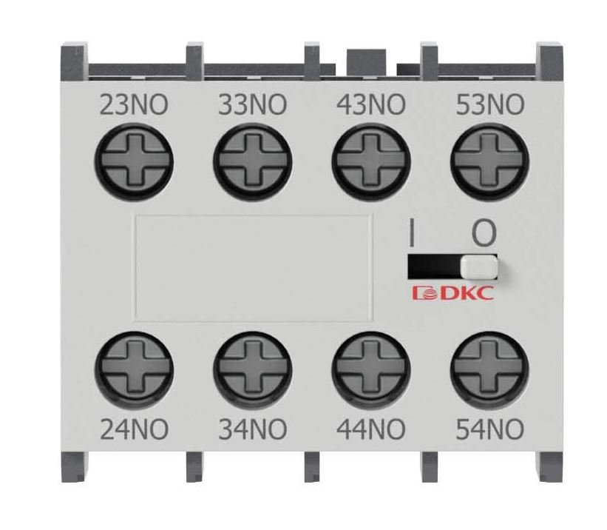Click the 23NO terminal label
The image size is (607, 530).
[134, 104]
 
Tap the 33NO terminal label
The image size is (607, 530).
[253, 104]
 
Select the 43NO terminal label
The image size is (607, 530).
[371, 104]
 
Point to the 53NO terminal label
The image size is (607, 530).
[490, 104]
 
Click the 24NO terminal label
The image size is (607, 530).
[135, 429]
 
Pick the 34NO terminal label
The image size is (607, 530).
[253, 429]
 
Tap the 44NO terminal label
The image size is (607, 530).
[371, 429]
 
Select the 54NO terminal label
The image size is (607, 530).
[490, 429]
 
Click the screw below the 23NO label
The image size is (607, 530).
[134, 160]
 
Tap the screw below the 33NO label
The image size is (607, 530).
[252, 160]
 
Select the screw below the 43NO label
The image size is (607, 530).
[371, 160]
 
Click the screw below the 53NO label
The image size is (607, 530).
[489, 160]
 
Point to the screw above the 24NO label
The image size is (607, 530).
[134, 369]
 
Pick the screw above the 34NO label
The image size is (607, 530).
[252, 369]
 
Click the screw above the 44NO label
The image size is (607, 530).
[371, 369]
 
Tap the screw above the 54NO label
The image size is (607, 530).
[489, 369]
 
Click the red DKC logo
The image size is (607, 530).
[453, 293]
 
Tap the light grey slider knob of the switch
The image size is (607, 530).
[479, 267]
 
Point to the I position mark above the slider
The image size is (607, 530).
[412, 233]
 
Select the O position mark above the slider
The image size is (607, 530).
[484, 233]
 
